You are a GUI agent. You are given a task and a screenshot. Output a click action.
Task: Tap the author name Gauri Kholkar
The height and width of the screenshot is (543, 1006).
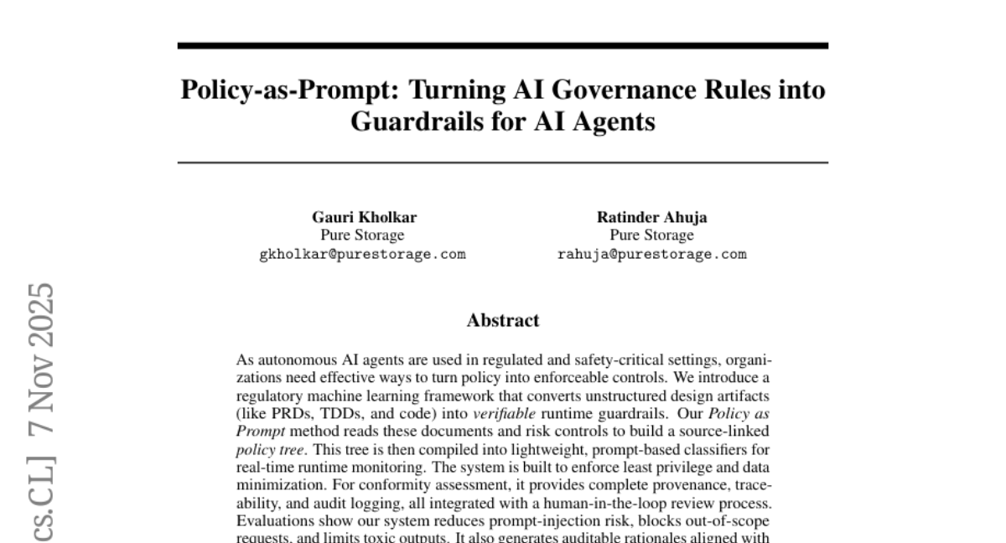364,218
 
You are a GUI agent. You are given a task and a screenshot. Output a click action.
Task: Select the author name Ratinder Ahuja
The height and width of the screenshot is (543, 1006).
651,218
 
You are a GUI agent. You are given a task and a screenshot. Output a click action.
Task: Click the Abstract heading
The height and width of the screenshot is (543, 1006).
502,320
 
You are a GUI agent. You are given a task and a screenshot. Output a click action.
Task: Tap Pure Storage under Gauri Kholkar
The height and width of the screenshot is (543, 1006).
363,235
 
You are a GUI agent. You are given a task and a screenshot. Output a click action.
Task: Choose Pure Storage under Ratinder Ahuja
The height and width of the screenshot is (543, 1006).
651,235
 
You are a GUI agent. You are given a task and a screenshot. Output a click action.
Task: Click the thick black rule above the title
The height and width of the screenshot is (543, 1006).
502,45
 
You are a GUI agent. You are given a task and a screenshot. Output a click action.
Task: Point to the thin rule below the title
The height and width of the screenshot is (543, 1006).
502,163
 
